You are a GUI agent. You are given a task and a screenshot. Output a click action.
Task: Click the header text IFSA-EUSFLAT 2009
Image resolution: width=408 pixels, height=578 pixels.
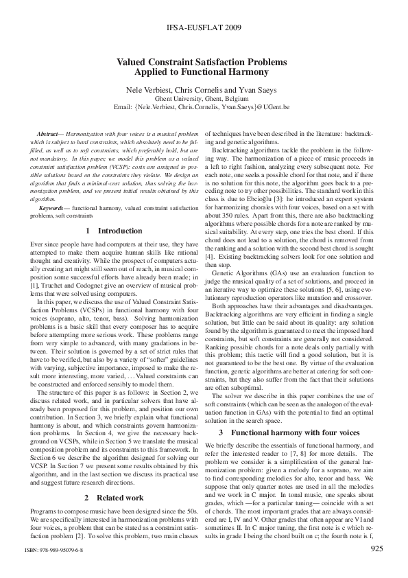click(x=204, y=30)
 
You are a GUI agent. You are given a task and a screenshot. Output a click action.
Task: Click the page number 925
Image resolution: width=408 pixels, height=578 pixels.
click(x=376, y=549)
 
